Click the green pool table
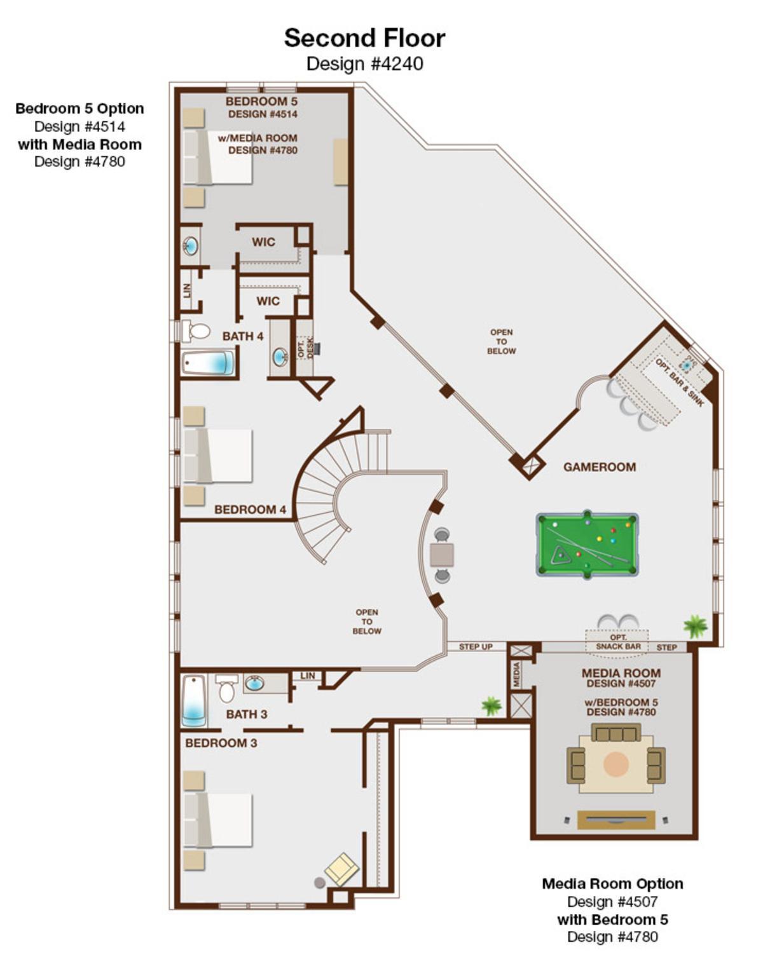pos(588,544)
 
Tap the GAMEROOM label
pos(600,467)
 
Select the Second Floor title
pos(364,38)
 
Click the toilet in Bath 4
pos(196,331)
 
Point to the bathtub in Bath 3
pos(194,701)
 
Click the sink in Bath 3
pos(254,684)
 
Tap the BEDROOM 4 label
pos(250,510)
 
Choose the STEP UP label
pos(476,647)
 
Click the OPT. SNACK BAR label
pos(618,642)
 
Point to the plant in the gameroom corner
pos(696,627)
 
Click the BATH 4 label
pos(242,336)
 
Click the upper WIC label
pos(263,242)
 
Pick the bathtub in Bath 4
pos(208,363)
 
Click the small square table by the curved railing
pos(441,555)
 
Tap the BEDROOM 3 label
pos(221,743)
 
